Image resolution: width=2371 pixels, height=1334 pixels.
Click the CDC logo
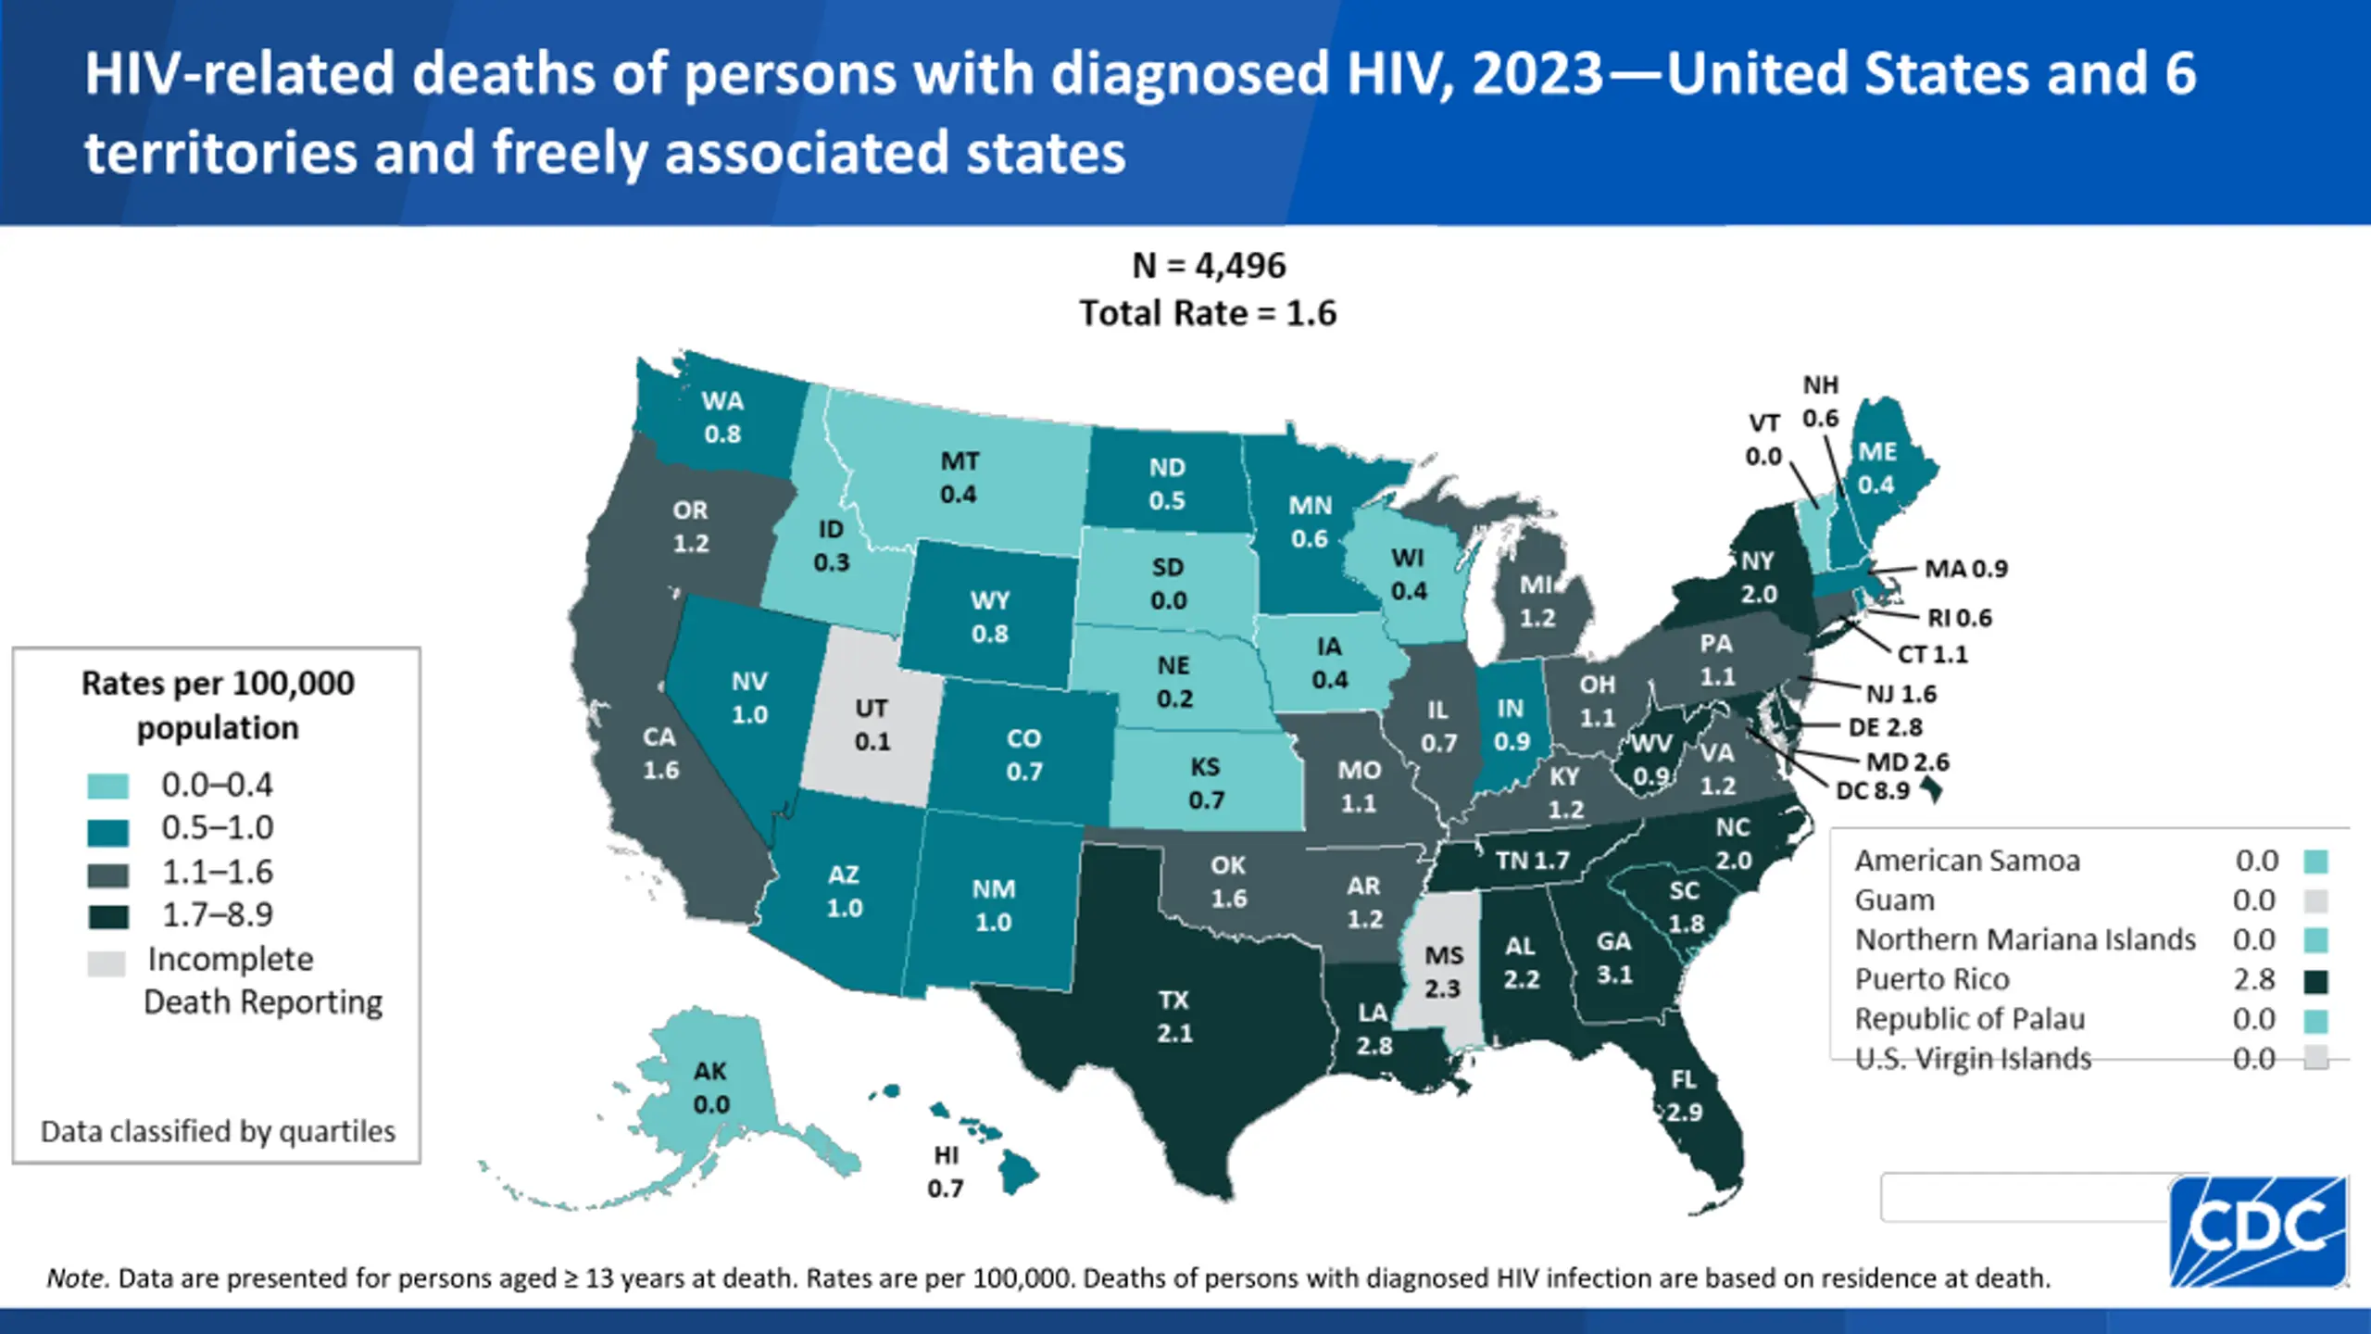tap(2258, 1229)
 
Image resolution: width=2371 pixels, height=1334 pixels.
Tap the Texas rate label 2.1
tap(1174, 1033)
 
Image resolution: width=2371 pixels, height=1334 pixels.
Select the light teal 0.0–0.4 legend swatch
tap(107, 787)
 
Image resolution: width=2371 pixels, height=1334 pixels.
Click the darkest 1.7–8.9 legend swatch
tap(107, 916)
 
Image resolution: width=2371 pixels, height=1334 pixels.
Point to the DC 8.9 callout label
tap(1873, 790)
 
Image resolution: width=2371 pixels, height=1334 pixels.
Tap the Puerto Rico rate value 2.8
tap(2253, 979)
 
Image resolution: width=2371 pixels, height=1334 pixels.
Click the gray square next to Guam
tap(2315, 901)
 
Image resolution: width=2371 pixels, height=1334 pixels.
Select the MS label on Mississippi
tap(1444, 956)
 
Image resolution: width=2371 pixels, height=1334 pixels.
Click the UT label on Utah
tap(872, 709)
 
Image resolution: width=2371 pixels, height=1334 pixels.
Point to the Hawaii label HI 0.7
tap(946, 1172)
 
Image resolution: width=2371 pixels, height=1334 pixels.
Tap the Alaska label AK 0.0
tap(711, 1088)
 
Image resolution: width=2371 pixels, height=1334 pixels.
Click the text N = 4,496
tap(1209, 266)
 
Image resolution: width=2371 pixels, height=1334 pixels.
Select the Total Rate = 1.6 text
tap(1208, 313)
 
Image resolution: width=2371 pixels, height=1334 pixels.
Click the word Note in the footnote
tap(77, 1278)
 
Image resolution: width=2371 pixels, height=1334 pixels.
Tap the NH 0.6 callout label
tap(1820, 401)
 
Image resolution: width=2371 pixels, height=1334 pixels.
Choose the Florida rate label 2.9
tap(1685, 1112)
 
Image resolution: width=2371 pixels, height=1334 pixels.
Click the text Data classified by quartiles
tap(218, 1131)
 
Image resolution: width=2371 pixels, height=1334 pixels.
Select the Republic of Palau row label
tap(1970, 1019)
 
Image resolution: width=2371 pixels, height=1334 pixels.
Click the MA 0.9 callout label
tap(1965, 568)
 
